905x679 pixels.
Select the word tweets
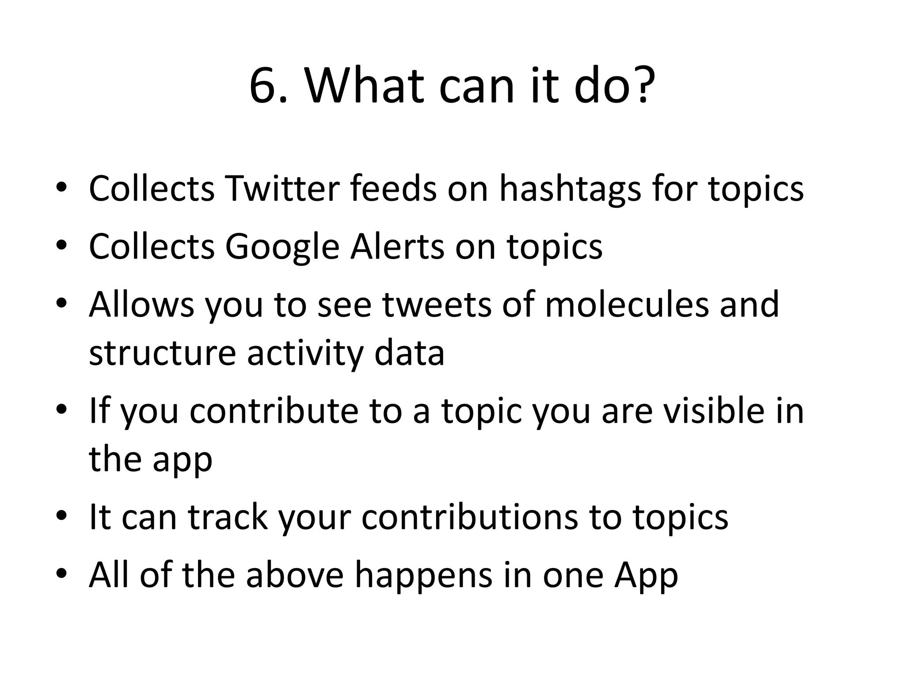pos(436,305)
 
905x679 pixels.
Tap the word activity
pos(305,354)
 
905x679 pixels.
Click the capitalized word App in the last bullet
pos(646,576)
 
